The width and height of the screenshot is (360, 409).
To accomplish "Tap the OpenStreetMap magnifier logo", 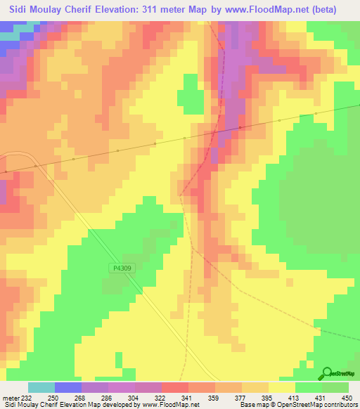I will (x=328, y=373).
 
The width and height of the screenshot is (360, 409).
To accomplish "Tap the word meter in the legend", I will (x=11, y=398).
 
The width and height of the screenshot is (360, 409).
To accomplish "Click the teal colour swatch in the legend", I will (x=41, y=388).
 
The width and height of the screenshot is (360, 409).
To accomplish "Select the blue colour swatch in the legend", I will (x=67, y=388).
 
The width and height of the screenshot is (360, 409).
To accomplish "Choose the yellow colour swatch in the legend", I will (x=281, y=388).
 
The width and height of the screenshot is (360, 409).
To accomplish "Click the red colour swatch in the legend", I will (x=174, y=388).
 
